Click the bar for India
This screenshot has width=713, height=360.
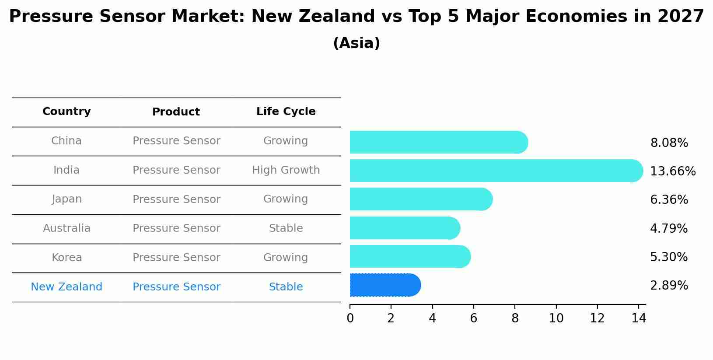click(494, 171)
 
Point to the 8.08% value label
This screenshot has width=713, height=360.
click(669, 143)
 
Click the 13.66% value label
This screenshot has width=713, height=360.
click(672, 171)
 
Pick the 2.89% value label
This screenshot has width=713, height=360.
click(669, 286)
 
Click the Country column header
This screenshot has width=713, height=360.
click(66, 112)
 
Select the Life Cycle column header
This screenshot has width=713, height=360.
click(286, 112)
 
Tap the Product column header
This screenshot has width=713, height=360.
click(176, 112)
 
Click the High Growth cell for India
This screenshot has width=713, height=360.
click(286, 170)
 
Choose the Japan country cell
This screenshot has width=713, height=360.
click(66, 199)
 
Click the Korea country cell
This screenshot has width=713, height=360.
click(66, 258)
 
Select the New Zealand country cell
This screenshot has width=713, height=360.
click(66, 287)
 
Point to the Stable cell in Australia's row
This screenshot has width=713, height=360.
click(286, 228)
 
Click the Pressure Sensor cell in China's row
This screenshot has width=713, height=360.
click(176, 141)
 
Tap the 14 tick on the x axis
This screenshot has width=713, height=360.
click(639, 318)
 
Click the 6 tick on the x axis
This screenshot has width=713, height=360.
click(473, 318)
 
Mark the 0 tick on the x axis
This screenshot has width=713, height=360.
click(350, 318)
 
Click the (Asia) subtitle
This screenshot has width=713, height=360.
click(356, 43)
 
